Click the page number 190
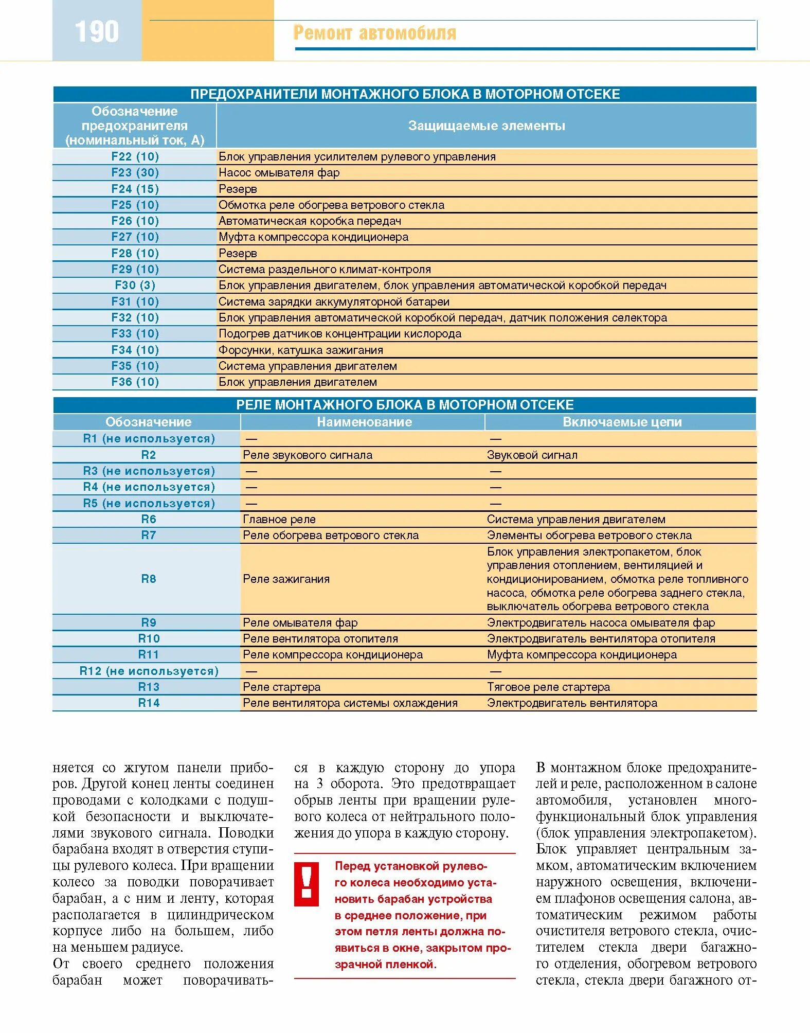pyautogui.click(x=97, y=31)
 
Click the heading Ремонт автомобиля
pyautogui.click(x=374, y=33)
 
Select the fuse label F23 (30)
pyautogui.click(x=135, y=173)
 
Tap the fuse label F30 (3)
pyautogui.click(x=135, y=286)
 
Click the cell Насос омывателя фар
pyautogui.click(x=279, y=173)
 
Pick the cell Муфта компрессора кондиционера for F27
pyautogui.click(x=313, y=237)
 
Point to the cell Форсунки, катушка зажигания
pyautogui.click(x=300, y=350)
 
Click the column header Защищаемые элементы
pyautogui.click(x=486, y=126)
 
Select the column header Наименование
pyautogui.click(x=364, y=422)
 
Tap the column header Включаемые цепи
pyautogui.click(x=622, y=422)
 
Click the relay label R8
pyautogui.click(x=148, y=579)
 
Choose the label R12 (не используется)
pyautogui.click(x=149, y=671)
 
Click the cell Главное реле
pyautogui.click(x=279, y=520)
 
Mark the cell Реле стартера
pyautogui.click(x=281, y=687)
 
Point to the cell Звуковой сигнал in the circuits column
pyautogui.click(x=532, y=455)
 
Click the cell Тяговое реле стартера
pyautogui.click(x=548, y=687)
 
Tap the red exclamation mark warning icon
pyautogui.click(x=307, y=884)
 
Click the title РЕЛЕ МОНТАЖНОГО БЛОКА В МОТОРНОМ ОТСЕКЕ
pyautogui.click(x=405, y=405)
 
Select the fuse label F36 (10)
pyautogui.click(x=135, y=382)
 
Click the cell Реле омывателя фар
pyautogui.click(x=300, y=623)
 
